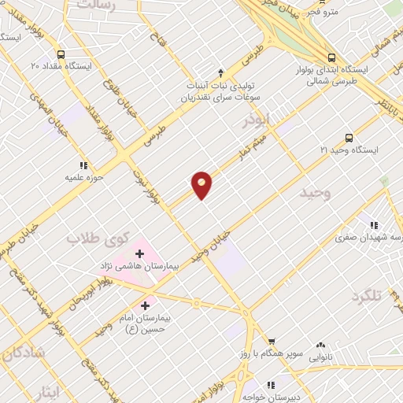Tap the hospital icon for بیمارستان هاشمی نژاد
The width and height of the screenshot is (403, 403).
click(x=140, y=253)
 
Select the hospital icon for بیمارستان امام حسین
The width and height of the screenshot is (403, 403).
click(x=146, y=305)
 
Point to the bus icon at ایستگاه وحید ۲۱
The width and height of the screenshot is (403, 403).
click(x=349, y=138)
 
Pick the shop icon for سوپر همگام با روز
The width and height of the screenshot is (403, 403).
click(x=271, y=341)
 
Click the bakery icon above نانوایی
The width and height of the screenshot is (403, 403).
click(x=320, y=346)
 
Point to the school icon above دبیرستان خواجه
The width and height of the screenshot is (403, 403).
click(x=270, y=385)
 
